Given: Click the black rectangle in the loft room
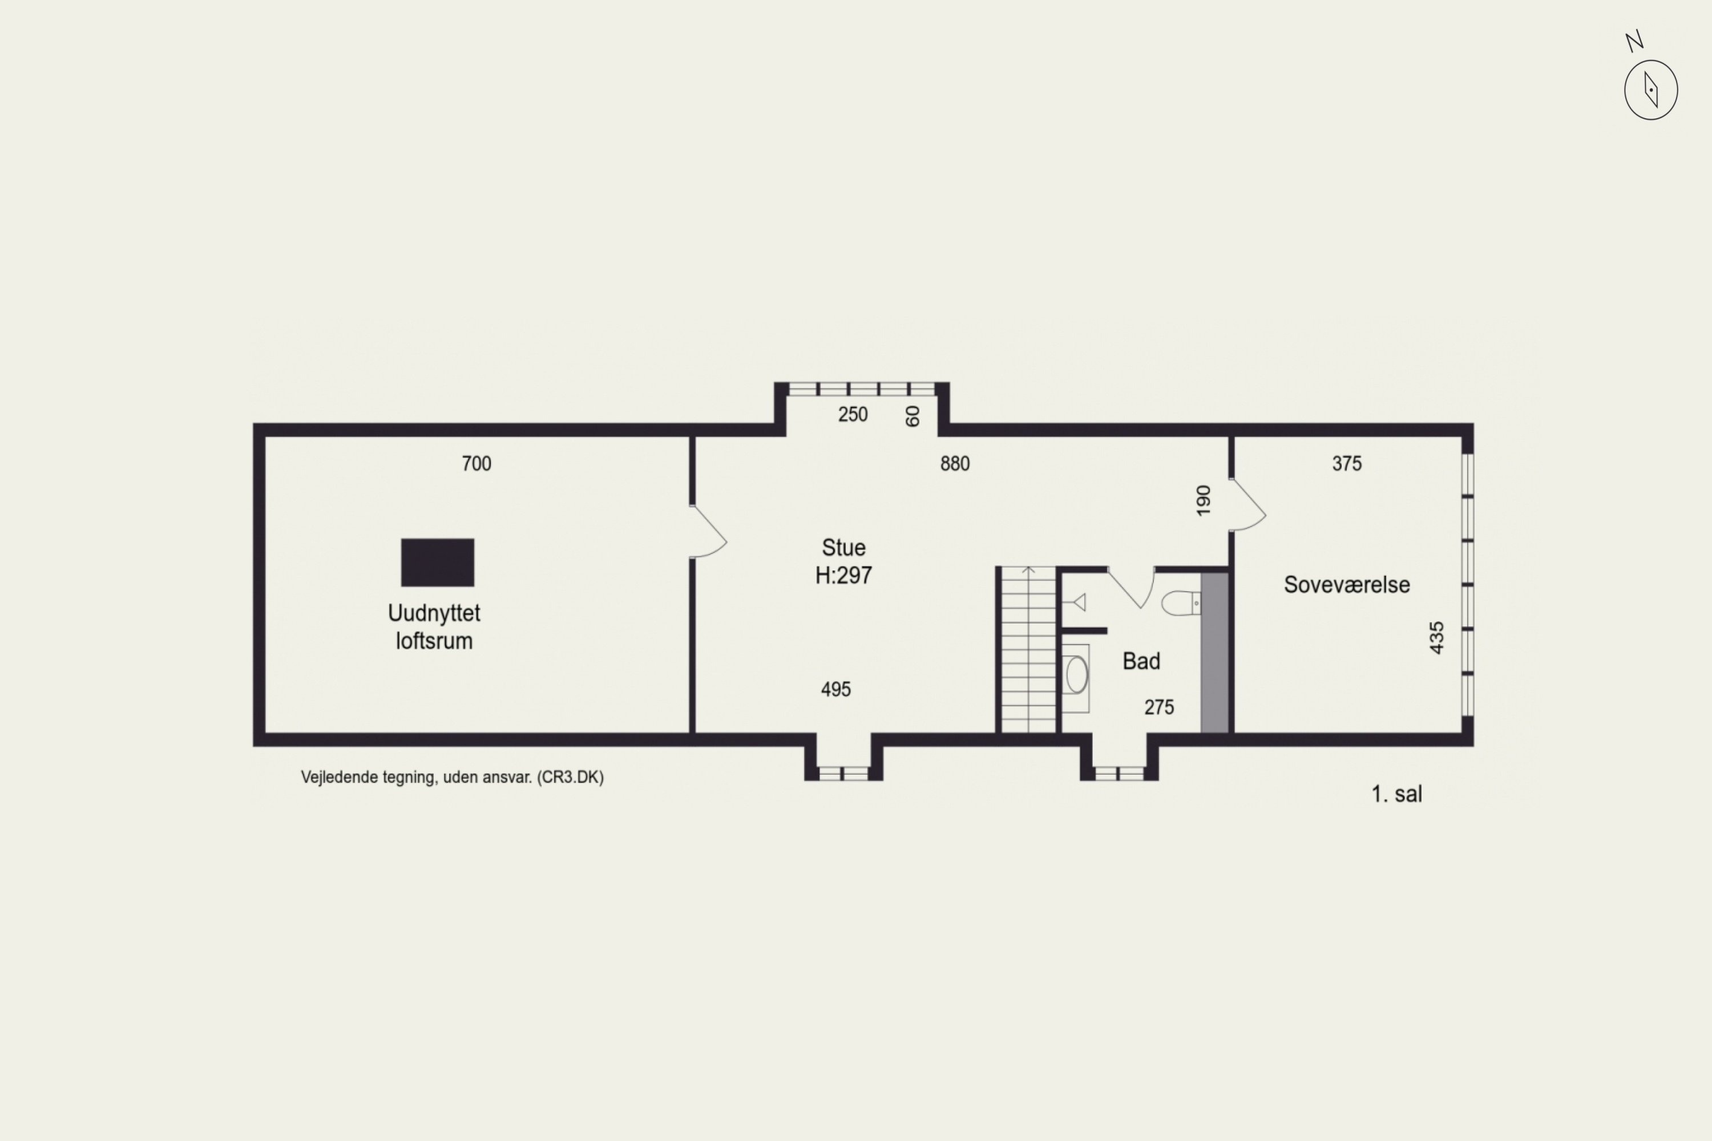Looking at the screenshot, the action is pos(438,563).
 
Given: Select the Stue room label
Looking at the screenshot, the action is pos(843,547).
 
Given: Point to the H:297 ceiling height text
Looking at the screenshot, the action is pos(843,576).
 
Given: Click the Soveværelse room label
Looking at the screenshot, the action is pos(1347,584).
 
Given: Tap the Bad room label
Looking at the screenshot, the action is pos(1141,661).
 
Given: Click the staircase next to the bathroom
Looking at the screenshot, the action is pos(1028,649).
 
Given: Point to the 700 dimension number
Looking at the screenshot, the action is pos(477,463).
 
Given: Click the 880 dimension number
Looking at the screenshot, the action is pos(955,463).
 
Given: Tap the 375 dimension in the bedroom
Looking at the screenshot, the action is pos(1347,463).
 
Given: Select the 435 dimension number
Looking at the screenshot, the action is pos(1436,637).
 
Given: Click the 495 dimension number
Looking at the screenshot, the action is pos(835,689).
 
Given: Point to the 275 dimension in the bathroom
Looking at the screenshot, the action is pos(1159,707).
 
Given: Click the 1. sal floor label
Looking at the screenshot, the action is pos(1396,794).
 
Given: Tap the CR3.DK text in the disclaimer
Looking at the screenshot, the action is pos(571,777).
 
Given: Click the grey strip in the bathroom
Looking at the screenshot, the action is pos(1214,653).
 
